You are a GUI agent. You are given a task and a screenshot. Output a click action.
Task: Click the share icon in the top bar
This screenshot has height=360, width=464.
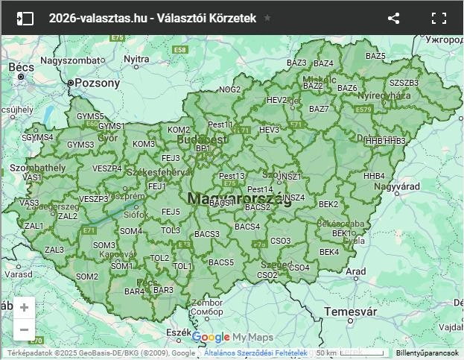[394, 18]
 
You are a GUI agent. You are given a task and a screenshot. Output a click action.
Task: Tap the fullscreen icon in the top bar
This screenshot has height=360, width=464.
[439, 18]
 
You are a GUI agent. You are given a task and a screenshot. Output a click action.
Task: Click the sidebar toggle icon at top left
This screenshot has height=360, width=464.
[25, 18]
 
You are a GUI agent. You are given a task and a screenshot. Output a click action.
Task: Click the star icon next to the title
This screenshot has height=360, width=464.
[267, 18]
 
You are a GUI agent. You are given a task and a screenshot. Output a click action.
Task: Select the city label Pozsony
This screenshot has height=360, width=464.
[97, 83]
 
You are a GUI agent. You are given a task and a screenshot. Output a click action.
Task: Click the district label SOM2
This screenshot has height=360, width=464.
[87, 277]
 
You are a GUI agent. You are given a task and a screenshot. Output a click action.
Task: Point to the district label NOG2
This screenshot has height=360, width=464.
[230, 89]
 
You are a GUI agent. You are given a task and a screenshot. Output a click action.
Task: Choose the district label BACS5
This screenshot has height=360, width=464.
[220, 262]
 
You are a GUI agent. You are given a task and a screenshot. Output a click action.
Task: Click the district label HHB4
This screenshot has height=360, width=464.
[375, 176]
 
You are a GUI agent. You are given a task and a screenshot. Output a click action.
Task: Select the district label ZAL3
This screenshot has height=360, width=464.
[54, 250]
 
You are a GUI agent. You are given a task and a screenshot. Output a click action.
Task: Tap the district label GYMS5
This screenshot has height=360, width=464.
[90, 117]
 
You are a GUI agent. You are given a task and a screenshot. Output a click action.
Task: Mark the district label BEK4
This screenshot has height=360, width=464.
[329, 252]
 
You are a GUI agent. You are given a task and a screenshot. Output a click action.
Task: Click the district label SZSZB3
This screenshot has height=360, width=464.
[404, 82]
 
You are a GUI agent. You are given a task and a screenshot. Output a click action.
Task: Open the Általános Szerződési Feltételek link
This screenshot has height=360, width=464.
[255, 353]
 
